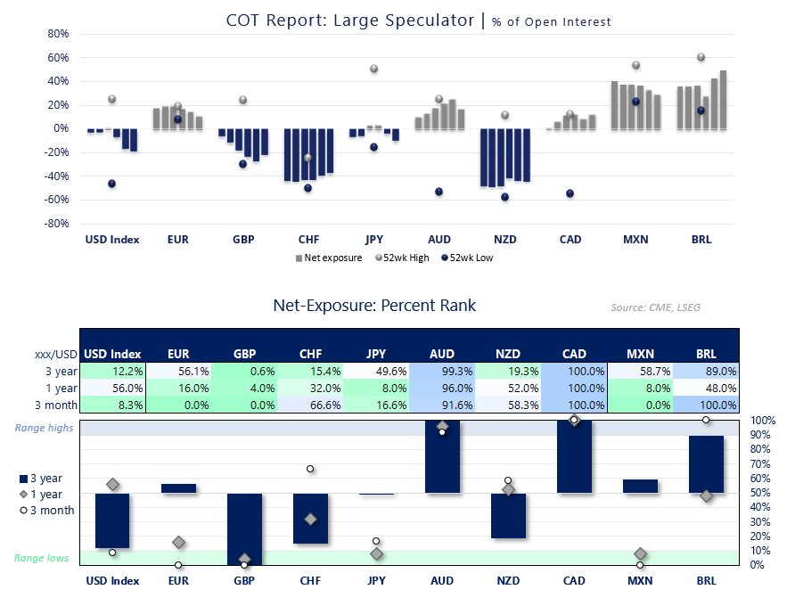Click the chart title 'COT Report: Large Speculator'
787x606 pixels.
point(350,20)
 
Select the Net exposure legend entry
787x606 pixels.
point(329,258)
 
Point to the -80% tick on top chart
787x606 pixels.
point(57,224)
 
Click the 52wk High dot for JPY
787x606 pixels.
point(374,70)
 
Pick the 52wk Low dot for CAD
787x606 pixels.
point(570,193)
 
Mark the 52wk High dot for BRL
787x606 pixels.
point(701,57)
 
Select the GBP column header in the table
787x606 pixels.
point(244,355)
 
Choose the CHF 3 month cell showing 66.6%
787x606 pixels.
point(310,405)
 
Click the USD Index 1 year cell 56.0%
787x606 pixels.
point(112,388)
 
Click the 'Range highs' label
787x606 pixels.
point(45,429)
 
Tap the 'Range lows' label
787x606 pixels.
point(41,558)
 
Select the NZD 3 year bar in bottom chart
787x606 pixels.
point(508,515)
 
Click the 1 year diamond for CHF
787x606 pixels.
point(310,519)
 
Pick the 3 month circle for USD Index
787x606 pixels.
point(112,553)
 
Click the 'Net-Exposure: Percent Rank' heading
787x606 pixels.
point(374,306)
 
